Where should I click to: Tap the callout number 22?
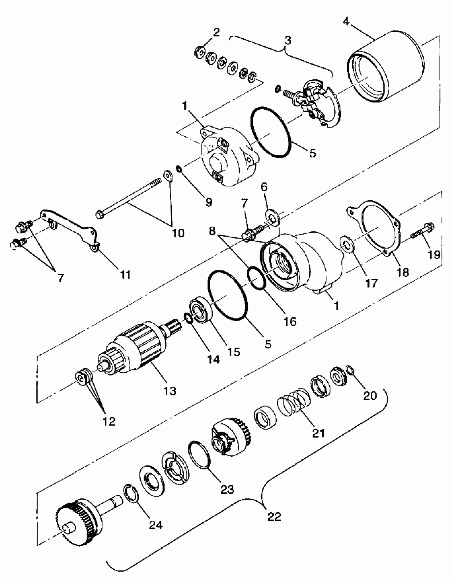click(274, 517)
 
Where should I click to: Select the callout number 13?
click(170, 391)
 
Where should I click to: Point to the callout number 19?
click(434, 255)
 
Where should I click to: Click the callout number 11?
click(126, 274)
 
